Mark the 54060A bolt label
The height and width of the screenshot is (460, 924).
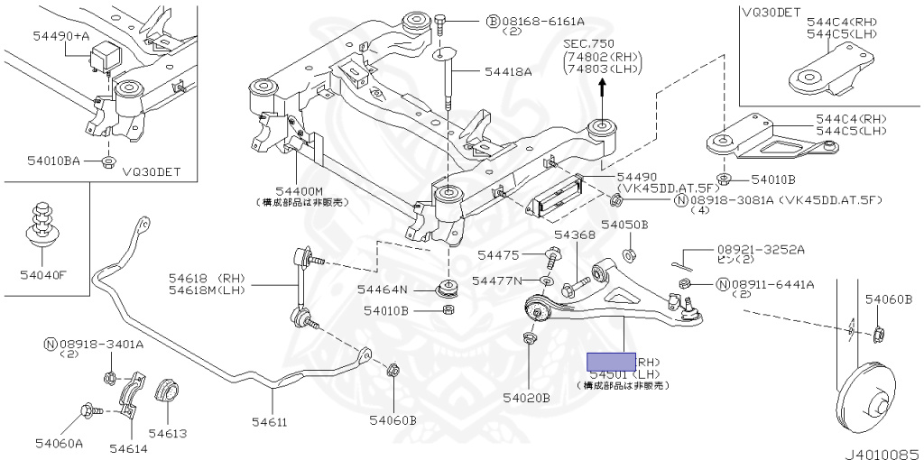coord(60,443)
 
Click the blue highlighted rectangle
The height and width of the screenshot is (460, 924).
coord(611,361)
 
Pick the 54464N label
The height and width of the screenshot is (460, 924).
coord(382,290)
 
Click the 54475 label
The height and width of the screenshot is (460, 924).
coord(497,256)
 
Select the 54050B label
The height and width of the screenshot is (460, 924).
coord(626,225)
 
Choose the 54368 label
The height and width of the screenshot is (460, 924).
coord(575,235)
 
